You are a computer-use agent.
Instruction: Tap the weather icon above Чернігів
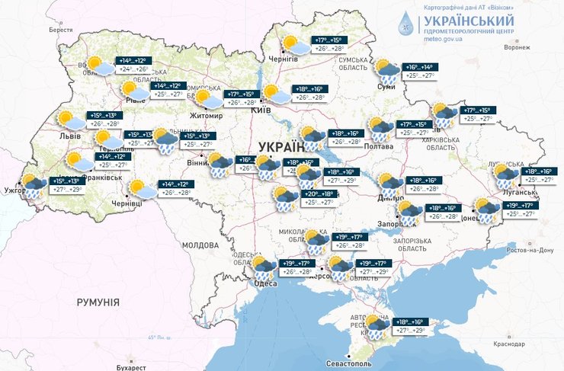[292, 44]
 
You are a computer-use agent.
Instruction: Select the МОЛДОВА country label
[200, 245]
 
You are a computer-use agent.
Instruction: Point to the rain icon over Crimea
[376, 326]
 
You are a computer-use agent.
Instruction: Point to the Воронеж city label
[516, 46]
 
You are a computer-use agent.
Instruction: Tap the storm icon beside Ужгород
[32, 185]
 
